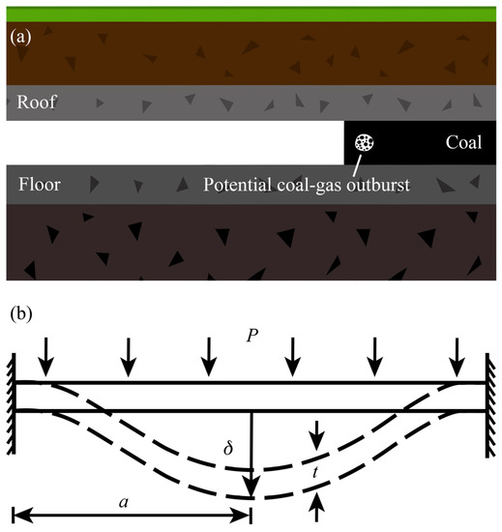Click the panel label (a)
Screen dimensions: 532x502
pyautogui.click(x=22, y=39)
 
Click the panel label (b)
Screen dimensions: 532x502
pyautogui.click(x=22, y=315)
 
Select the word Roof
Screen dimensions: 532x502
pyautogui.click(x=36, y=102)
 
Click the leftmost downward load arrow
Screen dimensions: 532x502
pyautogui.click(x=43, y=362)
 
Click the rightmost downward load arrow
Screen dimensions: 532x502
pyautogui.click(x=458, y=362)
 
